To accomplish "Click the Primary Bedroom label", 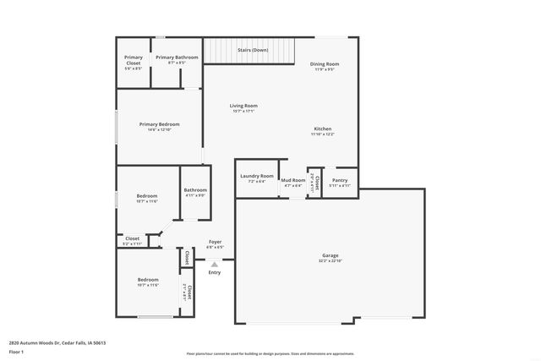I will click(x=159, y=124).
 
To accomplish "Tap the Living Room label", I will click(x=243, y=106).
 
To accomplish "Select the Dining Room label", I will click(x=325, y=64).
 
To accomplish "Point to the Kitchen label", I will click(x=322, y=129).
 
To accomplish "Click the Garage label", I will click(x=330, y=255).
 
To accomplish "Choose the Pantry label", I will click(x=340, y=180).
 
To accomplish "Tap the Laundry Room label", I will click(x=257, y=176).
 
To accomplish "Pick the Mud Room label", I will click(x=293, y=180).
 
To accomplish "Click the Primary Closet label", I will click(x=134, y=60).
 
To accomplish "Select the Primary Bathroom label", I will click(x=176, y=57).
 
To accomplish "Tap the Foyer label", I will click(x=215, y=243).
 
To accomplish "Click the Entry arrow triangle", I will click(x=214, y=265).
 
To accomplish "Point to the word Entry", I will click(x=214, y=272).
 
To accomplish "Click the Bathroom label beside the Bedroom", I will click(x=195, y=190).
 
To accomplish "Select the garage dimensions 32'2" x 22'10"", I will click(x=330, y=261).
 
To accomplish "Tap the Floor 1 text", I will click(x=15, y=351).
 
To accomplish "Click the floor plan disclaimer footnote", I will click(x=270, y=353).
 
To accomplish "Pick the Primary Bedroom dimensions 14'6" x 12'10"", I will click(x=159, y=130).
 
